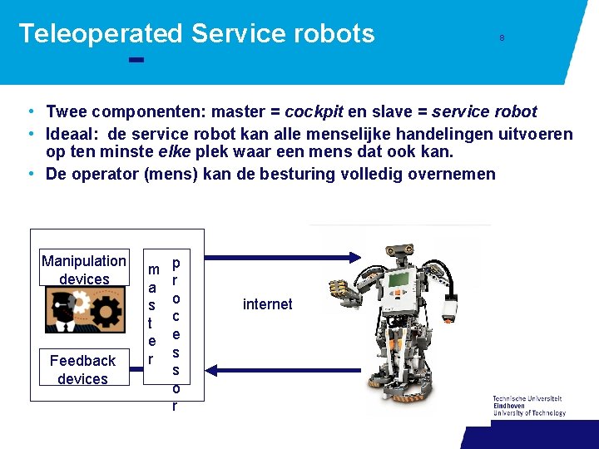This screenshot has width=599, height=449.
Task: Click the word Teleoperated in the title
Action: coord(100,33)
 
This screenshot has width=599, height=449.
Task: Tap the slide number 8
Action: coord(502,38)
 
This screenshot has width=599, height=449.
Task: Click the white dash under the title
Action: coord(137,60)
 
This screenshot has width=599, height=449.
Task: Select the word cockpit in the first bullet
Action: coord(315,111)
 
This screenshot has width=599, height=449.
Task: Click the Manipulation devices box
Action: coord(84,269)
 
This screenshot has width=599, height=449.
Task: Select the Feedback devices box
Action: coord(83,369)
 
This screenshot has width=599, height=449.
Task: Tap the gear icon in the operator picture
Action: coord(107,313)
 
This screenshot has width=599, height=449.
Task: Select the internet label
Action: coord(267,304)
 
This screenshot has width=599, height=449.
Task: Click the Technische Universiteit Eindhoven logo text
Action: coord(528,406)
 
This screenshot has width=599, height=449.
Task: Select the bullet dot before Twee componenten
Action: coord(29,111)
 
